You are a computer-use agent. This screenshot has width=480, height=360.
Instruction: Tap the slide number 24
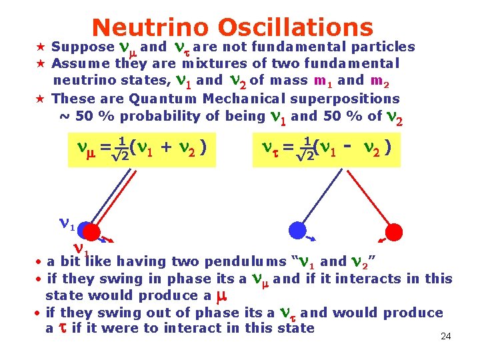tap(446, 337)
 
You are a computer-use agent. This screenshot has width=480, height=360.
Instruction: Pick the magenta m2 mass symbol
tap(380, 81)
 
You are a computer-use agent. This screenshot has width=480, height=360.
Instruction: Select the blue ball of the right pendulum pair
tap(297, 230)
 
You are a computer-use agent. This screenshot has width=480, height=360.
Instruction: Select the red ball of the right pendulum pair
tap(394, 231)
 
